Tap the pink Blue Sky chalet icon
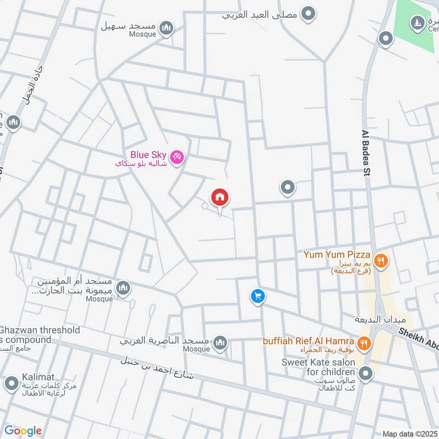pos(177,157)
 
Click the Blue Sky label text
pos(148,155)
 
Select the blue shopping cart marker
pos(257,297)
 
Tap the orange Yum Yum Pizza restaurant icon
pos(380,260)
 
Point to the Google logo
pos(23,431)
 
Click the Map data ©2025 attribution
pos(409,434)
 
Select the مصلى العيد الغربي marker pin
pos(309,14)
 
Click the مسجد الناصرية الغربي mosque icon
pos(220,344)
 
